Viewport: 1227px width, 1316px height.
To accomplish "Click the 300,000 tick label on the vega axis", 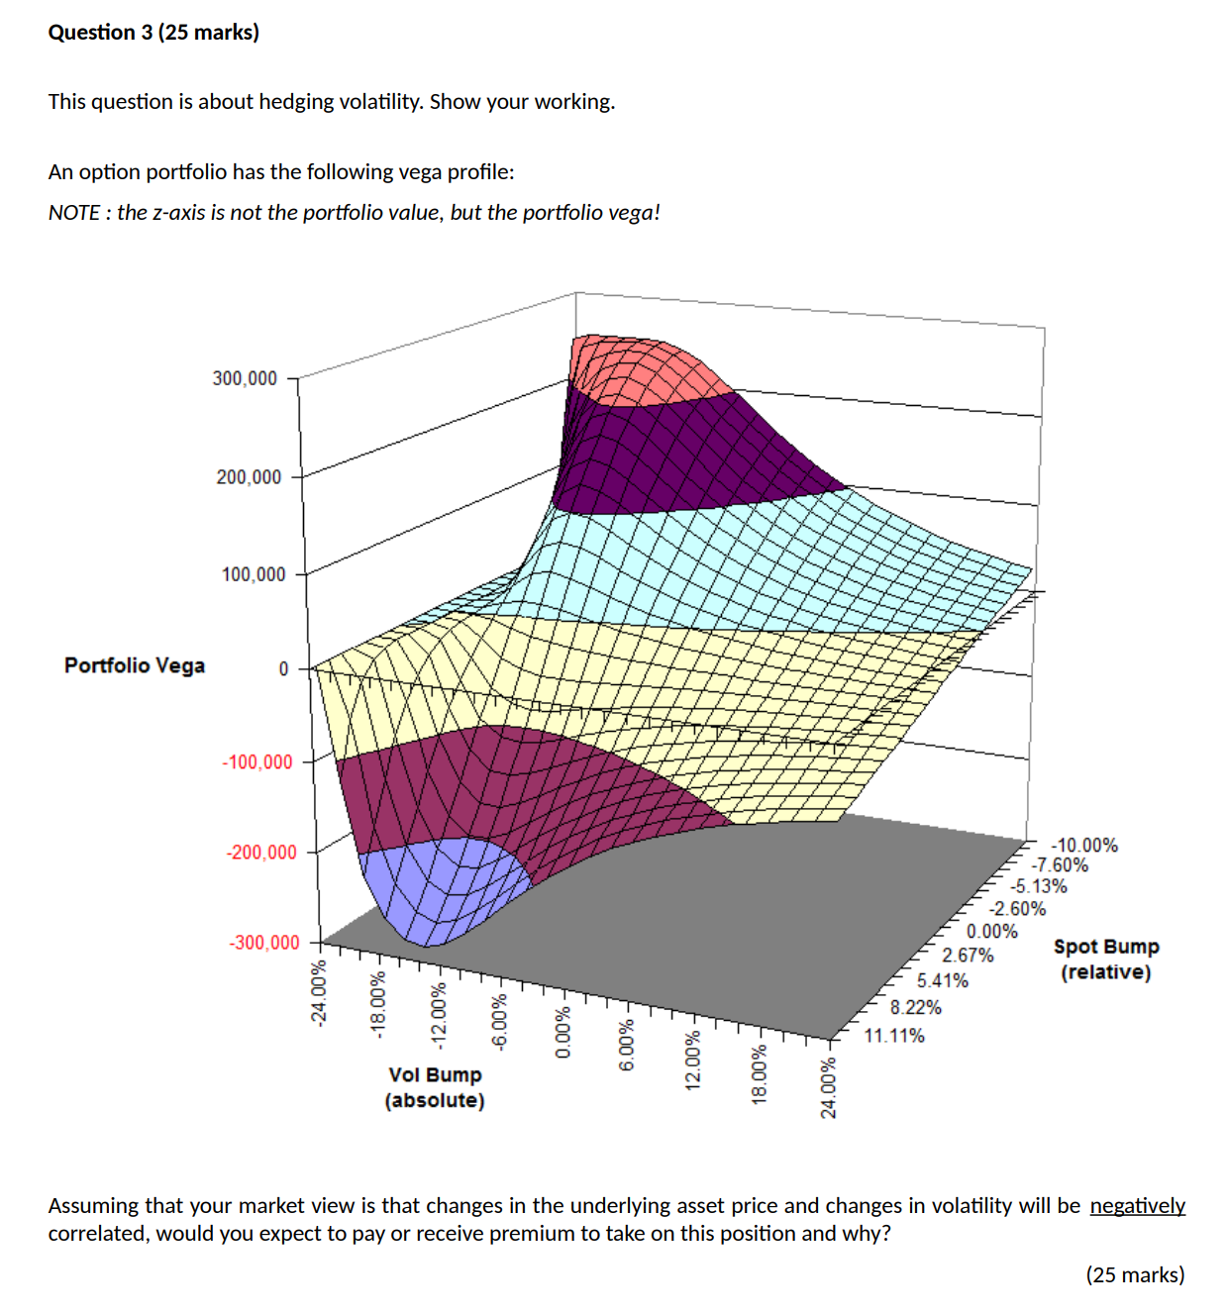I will point(245,378).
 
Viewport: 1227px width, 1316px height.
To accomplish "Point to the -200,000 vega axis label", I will point(260,853).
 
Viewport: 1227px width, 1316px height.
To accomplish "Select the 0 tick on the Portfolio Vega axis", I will point(283,669).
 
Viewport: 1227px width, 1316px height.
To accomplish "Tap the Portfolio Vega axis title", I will point(135,665).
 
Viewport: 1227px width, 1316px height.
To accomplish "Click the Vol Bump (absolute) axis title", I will point(435,1087).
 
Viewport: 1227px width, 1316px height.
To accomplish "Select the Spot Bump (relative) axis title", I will point(1105,960).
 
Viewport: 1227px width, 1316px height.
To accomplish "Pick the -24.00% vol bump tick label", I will point(318,993).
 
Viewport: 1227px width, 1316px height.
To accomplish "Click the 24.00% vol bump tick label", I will point(828,1087).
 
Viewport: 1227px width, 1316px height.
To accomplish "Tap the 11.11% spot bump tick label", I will point(894,1036).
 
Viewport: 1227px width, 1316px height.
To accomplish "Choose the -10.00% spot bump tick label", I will point(1084,845).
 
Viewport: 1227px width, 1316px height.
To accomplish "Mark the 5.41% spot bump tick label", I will point(942,980).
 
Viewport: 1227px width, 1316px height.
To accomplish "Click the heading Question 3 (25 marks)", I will point(153,32).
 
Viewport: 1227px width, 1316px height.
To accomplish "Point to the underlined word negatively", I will point(1137,1205).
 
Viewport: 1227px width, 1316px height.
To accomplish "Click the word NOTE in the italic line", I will point(73,213).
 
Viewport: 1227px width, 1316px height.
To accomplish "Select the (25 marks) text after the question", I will point(1135,1274).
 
